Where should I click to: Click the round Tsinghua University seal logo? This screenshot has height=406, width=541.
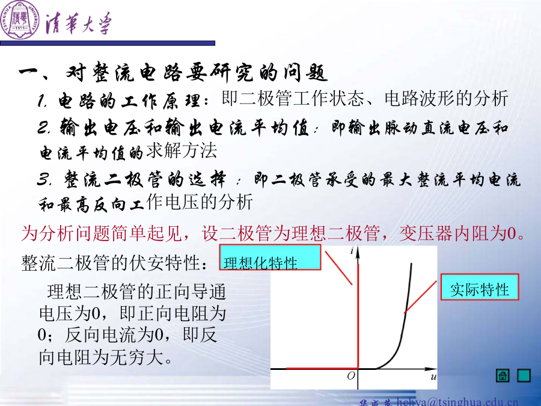pyautogui.click(x=20, y=20)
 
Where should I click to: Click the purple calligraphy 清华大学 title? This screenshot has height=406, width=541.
pyautogui.click(x=79, y=23)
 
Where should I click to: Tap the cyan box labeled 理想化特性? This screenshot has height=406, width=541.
pyautogui.click(x=270, y=257)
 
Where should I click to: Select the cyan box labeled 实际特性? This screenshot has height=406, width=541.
pyautogui.click(x=480, y=287)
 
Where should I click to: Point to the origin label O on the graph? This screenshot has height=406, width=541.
pyautogui.click(x=351, y=375)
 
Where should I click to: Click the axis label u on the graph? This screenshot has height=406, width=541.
pyautogui.click(x=433, y=377)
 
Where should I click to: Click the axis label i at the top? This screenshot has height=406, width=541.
pyautogui.click(x=352, y=250)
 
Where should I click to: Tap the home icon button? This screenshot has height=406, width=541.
pyautogui.click(x=503, y=375)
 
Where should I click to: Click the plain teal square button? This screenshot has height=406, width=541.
pyautogui.click(x=524, y=375)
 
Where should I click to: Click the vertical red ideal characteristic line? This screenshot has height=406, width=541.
pyautogui.click(x=358, y=316)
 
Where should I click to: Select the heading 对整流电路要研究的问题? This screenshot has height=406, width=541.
pyautogui.click(x=197, y=73)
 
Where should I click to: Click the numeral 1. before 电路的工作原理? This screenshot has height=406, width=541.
pyautogui.click(x=43, y=101)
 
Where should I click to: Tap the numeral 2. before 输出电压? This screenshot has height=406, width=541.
pyautogui.click(x=44, y=127)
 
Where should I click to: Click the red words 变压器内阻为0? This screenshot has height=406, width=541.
pyautogui.click(x=462, y=233)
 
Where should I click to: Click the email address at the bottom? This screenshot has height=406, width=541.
pyautogui.click(x=457, y=402)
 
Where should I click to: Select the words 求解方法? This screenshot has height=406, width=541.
pyautogui.click(x=182, y=151)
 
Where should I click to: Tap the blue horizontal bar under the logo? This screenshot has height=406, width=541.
pyautogui.click(x=108, y=43)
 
